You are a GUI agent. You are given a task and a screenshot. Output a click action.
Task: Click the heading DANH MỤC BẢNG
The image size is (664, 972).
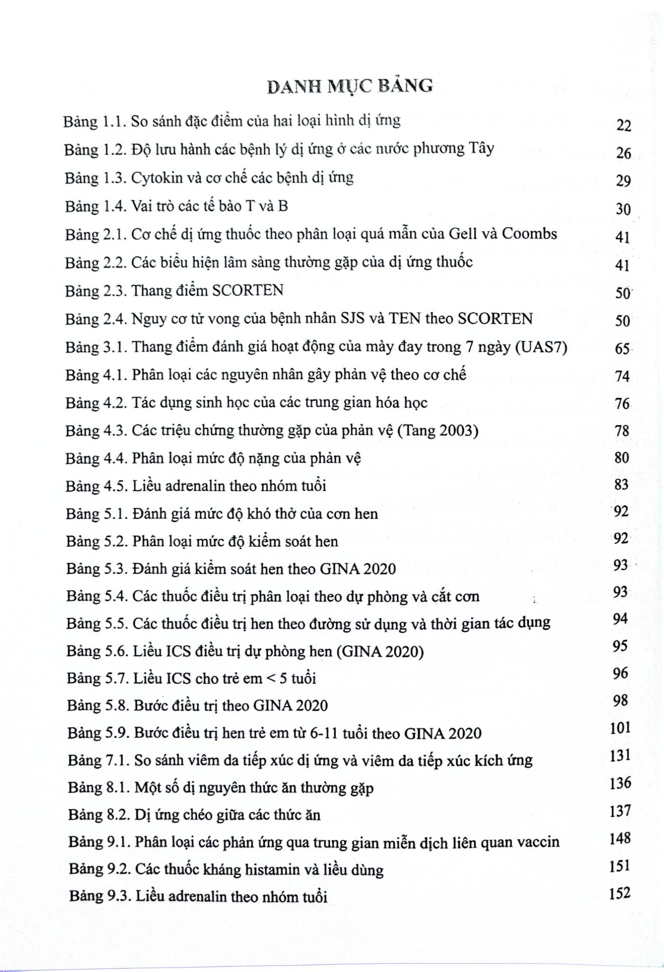pos(350,86)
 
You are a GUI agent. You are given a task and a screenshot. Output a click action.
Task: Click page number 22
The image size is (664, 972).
pos(624,126)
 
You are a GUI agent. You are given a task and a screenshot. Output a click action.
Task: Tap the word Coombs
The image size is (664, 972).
pos(529,234)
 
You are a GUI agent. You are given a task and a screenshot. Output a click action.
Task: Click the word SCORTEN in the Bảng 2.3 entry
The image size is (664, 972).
pos(248,290)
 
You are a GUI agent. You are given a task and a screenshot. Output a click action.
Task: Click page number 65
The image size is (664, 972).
pos(622,349)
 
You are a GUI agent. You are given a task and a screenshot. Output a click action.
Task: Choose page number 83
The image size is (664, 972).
pos(621,485)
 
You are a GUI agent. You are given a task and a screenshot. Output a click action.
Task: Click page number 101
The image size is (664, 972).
pos(620,728)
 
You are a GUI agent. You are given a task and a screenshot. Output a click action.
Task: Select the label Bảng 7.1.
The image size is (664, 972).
pos(98,761)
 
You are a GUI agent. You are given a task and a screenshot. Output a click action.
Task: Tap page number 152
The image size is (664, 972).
pos(620,894)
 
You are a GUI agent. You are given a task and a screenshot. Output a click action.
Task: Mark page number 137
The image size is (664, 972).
pos(620,811)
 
